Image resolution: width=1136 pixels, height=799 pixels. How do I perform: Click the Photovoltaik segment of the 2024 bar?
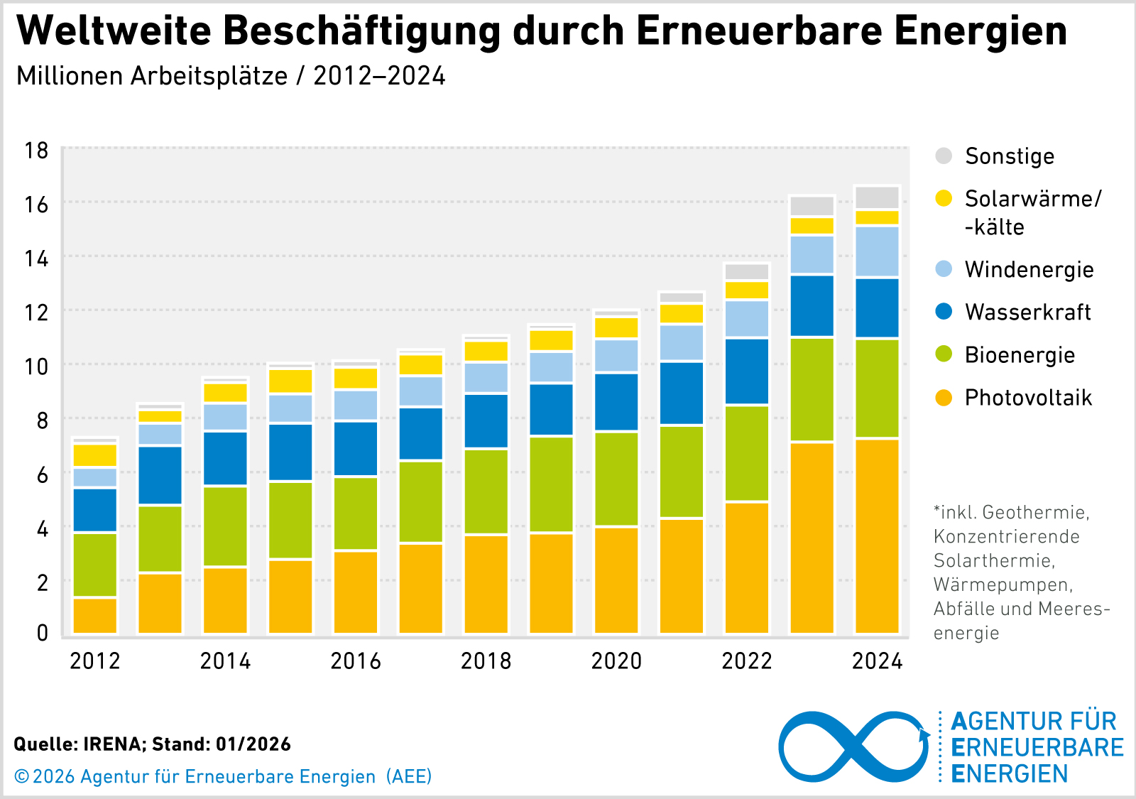[x=877, y=536]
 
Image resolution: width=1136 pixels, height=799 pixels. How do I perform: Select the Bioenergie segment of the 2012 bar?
[x=95, y=565]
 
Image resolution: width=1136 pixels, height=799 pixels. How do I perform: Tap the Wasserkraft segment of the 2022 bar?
[x=746, y=371]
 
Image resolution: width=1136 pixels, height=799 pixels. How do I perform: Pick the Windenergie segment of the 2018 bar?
[x=486, y=378]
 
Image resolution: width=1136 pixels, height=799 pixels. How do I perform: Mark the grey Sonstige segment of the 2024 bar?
[x=877, y=197]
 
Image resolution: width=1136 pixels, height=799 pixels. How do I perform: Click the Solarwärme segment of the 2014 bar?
[x=225, y=393]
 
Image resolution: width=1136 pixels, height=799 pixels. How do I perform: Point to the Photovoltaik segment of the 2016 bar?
[x=356, y=592]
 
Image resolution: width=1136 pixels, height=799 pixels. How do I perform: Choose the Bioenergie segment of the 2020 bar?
[x=616, y=479]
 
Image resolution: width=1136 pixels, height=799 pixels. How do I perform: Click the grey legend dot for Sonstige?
[x=944, y=156]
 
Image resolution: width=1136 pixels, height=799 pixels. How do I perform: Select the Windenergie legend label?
[x=1029, y=270]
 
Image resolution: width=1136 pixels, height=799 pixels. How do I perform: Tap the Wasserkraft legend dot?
[x=944, y=312]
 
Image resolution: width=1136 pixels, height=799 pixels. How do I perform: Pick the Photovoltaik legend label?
[x=1028, y=398]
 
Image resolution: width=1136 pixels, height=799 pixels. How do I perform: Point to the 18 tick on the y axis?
[x=36, y=151]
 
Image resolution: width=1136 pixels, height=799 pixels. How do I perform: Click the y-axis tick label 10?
[x=36, y=366]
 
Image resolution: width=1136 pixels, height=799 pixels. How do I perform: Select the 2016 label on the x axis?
[x=356, y=661]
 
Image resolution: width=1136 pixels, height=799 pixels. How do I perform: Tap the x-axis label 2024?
[x=877, y=661]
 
